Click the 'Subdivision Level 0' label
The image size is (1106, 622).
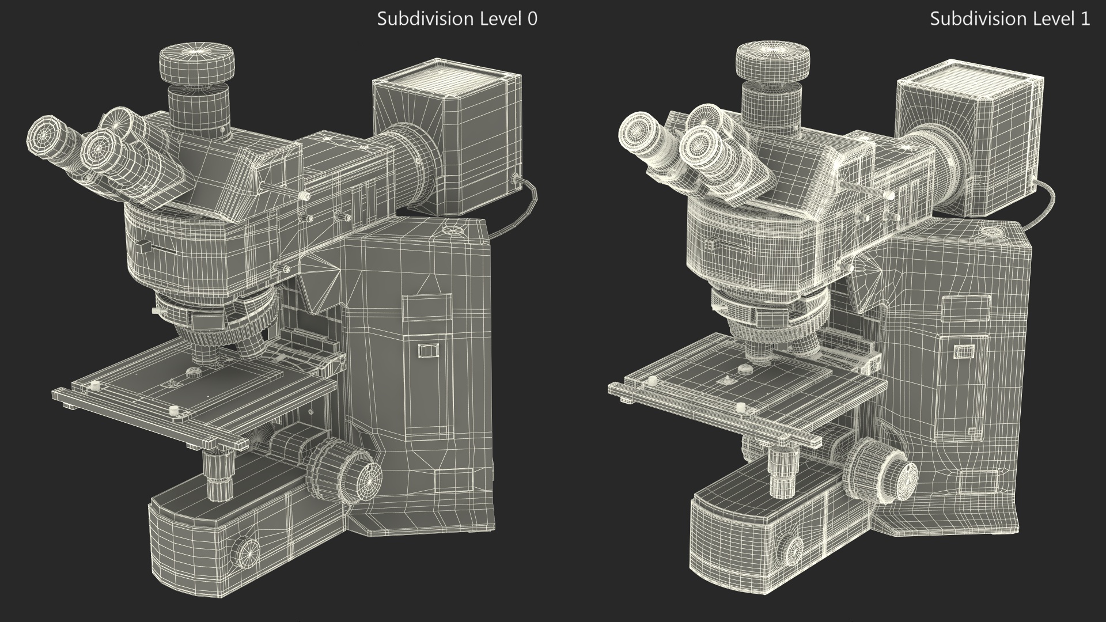[457, 18]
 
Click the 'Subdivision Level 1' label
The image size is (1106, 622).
[1010, 18]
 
